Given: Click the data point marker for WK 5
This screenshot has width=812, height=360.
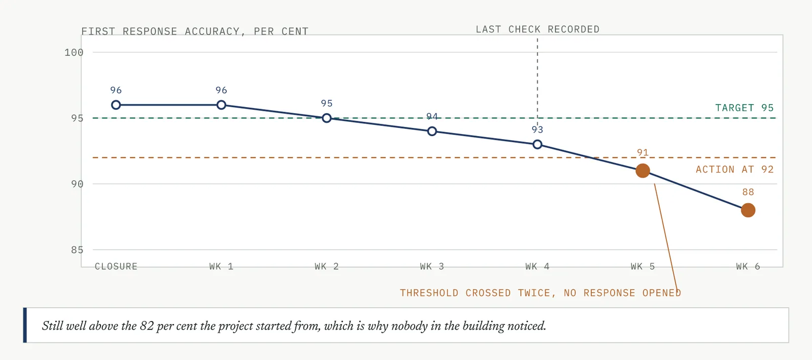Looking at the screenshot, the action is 642,171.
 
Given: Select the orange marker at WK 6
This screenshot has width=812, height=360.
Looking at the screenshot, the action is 748,210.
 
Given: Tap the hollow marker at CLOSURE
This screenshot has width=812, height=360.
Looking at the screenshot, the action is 116,105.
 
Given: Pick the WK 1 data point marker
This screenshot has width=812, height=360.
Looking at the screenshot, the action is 221,105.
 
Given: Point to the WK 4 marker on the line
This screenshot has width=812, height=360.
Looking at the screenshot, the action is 537,145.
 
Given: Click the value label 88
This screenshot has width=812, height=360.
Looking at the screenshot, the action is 748,192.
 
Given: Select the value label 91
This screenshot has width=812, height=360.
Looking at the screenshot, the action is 642,153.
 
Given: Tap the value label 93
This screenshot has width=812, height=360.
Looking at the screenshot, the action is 537,130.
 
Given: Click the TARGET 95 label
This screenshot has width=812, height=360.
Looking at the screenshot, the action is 744,108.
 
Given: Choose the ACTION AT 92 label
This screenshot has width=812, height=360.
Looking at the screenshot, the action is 734,170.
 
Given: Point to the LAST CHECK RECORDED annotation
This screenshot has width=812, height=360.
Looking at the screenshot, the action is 537,29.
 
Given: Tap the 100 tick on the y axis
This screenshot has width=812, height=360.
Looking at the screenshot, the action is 74,53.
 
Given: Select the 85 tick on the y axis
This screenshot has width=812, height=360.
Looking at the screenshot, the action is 77,250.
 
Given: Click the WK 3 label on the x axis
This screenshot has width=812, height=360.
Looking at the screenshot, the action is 432,267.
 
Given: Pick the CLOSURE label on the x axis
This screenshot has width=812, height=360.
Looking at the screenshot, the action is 116,267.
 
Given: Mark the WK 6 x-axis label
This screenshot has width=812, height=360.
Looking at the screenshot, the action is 748,267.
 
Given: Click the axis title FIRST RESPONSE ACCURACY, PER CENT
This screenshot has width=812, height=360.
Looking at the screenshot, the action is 195,31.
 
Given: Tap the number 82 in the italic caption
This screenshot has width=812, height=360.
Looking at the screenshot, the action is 147,326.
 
